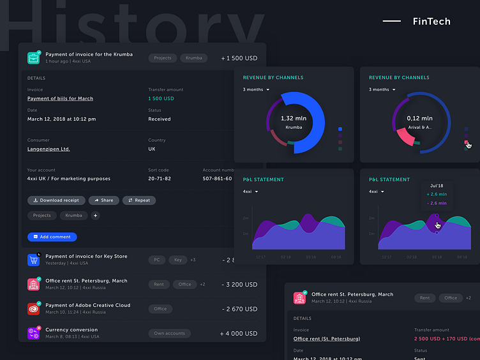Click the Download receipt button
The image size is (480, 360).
click(x=56, y=200)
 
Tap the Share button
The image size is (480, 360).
click(x=104, y=200)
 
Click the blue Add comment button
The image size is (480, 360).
click(x=52, y=237)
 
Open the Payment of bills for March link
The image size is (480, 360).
click(x=60, y=99)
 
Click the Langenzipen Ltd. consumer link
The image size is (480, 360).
click(x=49, y=149)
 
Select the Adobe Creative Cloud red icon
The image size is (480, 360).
click(x=34, y=309)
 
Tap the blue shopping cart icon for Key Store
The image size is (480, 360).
click(x=34, y=260)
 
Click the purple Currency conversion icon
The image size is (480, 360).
click(x=34, y=333)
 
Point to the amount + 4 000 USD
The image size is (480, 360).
click(x=239, y=333)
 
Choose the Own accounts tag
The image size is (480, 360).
click(x=169, y=333)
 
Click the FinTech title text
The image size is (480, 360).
click(x=431, y=22)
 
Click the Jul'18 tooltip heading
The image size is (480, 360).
click(x=437, y=185)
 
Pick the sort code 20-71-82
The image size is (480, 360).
click(x=159, y=179)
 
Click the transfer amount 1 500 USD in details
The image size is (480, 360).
click(x=161, y=99)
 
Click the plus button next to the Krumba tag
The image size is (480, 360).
click(x=96, y=216)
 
